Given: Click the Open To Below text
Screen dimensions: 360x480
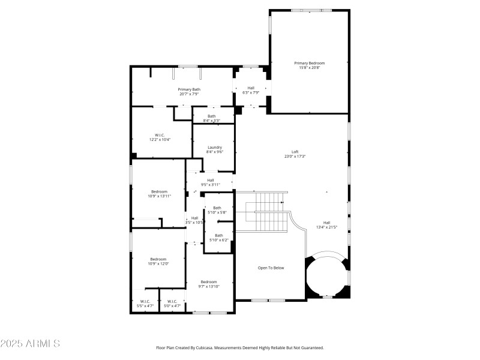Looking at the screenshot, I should click(x=271, y=268).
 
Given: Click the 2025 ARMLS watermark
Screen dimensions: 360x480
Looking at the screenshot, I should click(x=30, y=344).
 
